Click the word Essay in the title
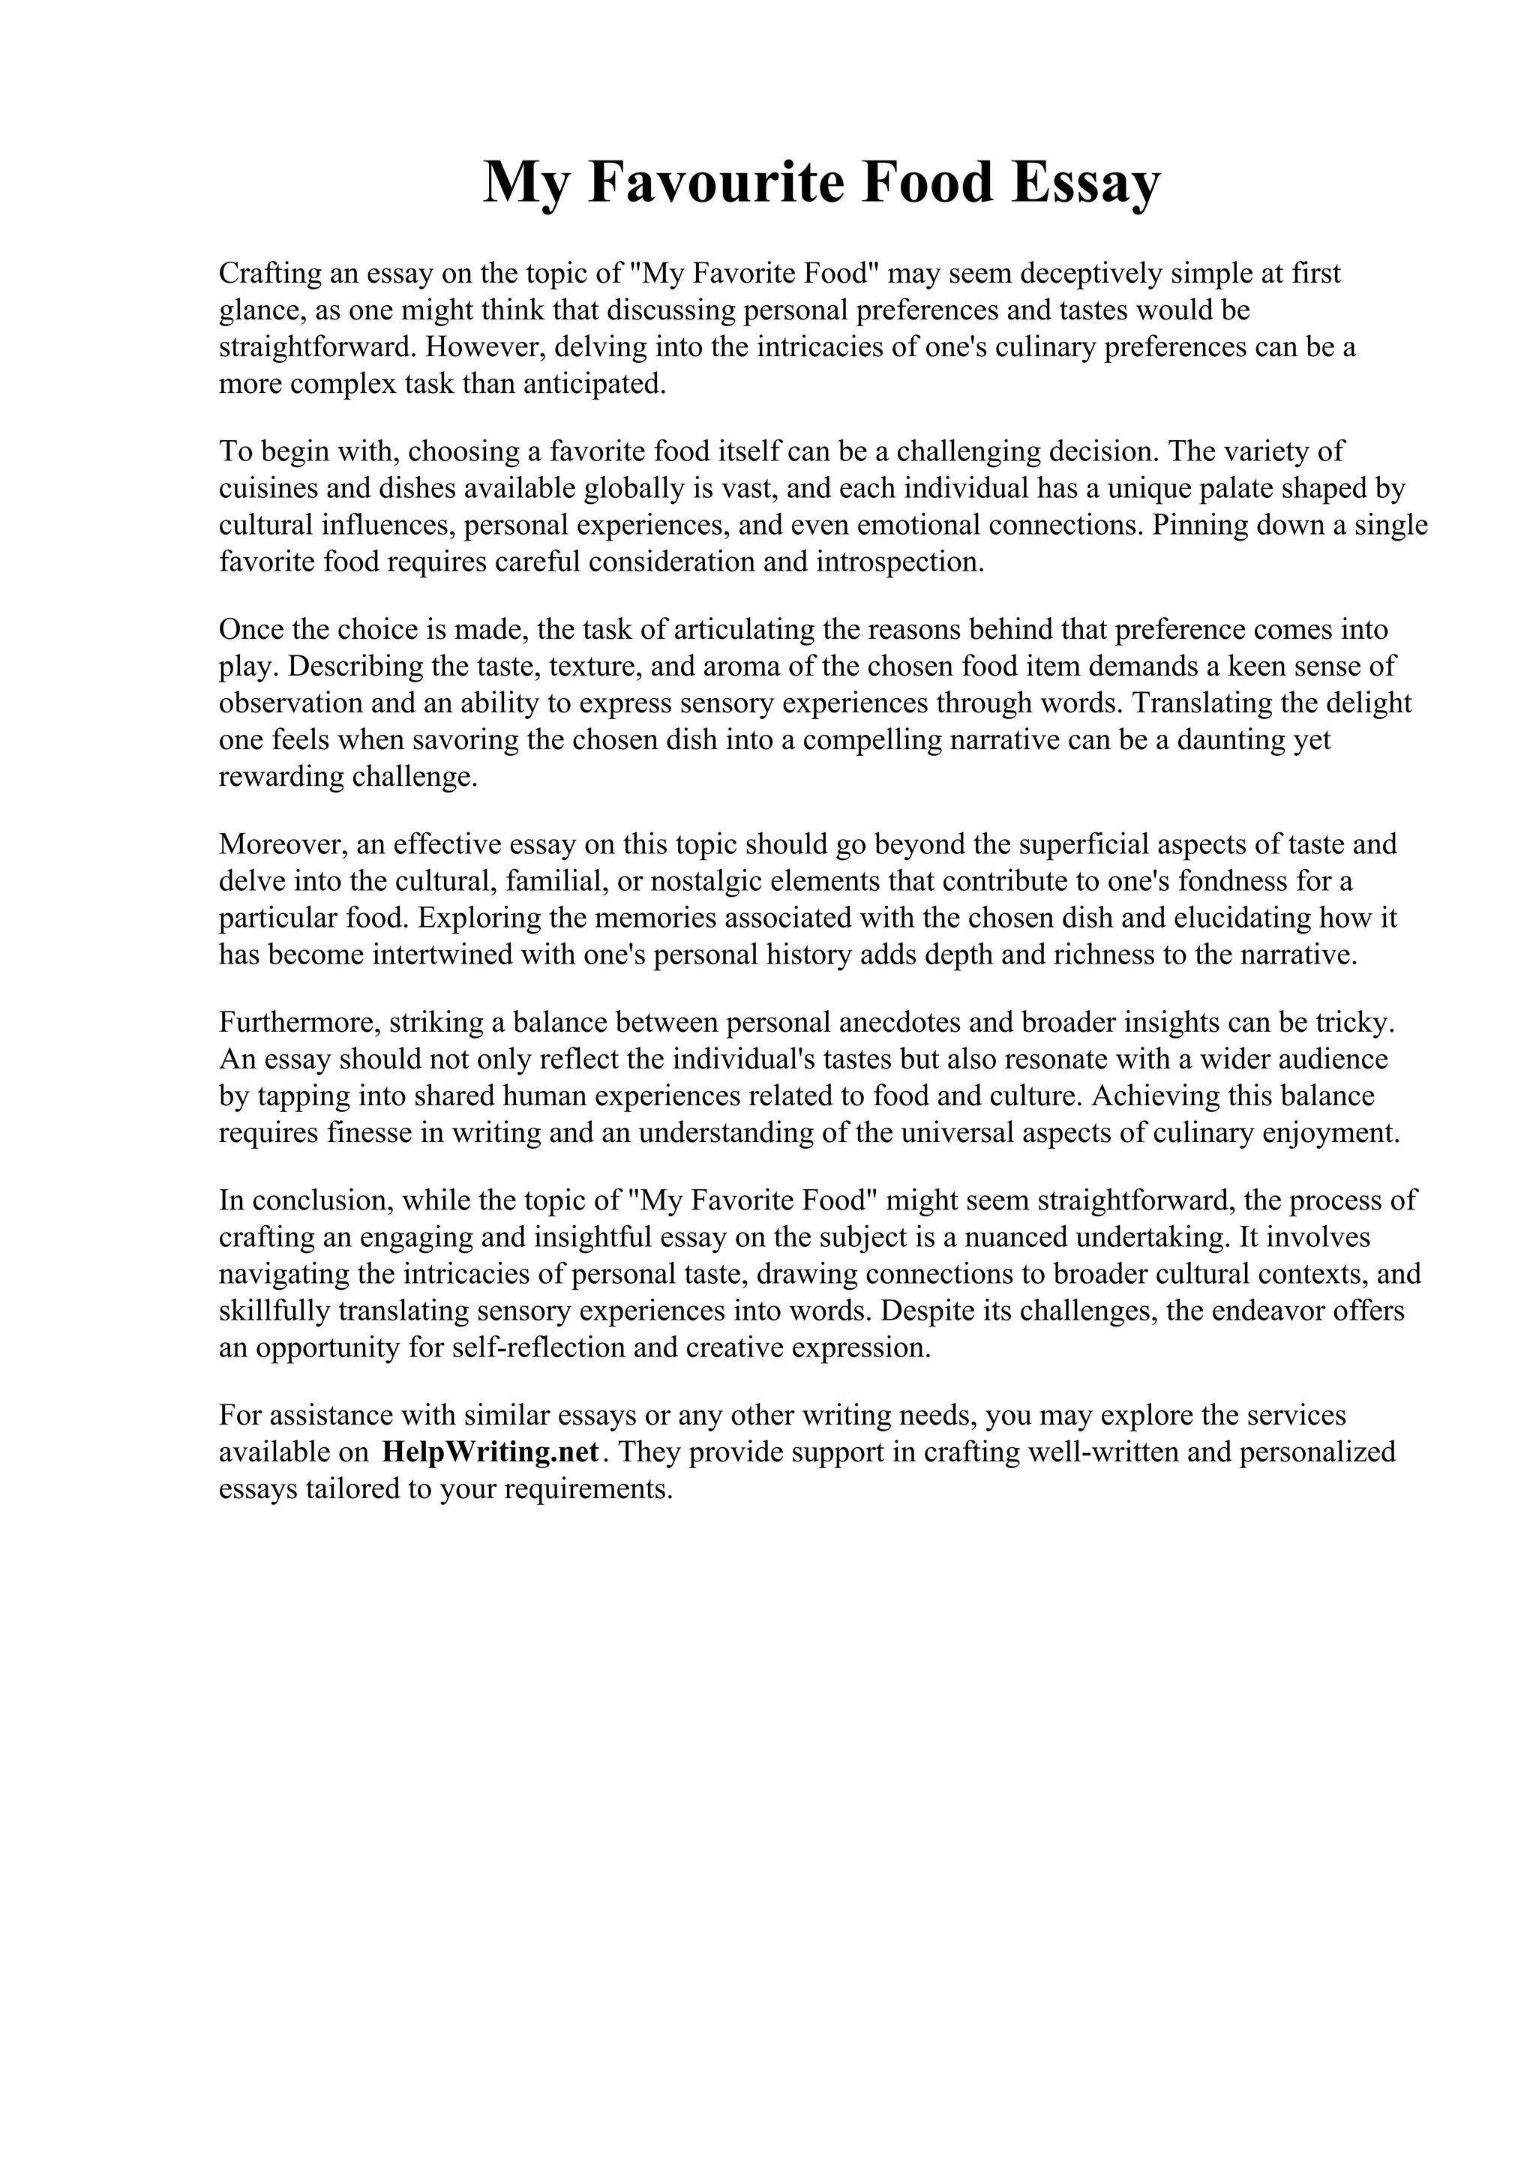point(1084,183)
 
